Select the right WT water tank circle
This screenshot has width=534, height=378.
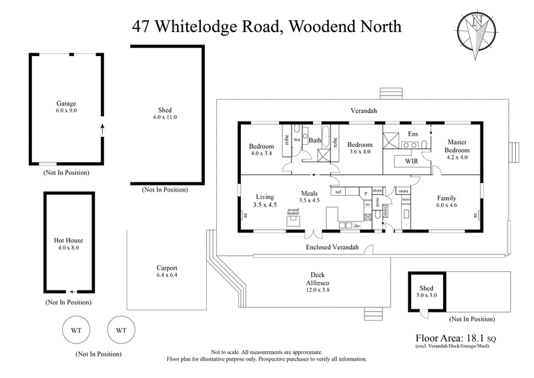coord(121,330)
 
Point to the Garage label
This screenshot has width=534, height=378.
coord(66,104)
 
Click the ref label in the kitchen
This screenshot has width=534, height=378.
coord(338,192)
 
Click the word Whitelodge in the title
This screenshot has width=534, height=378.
coord(216,27)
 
